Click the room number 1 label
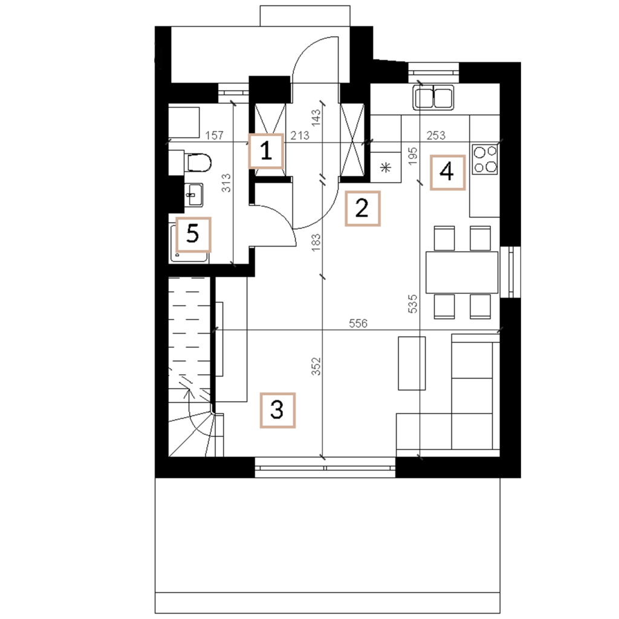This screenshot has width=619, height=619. coord(266,151)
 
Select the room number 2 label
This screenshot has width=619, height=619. coord(363,209)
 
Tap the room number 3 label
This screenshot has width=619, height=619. coord(277,410)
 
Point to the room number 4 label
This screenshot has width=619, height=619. coord(447,172)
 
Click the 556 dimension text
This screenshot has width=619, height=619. coord(358,323)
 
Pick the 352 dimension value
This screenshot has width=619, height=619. coord(316,366)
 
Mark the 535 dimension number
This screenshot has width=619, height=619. coord(412,303)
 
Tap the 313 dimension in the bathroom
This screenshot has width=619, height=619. coord(226,183)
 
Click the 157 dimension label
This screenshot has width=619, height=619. coord(215,135)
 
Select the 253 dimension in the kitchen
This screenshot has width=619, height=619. coord(436,135)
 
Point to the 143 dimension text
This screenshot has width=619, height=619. coord(316,118)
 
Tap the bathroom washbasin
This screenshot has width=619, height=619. coord(193,195)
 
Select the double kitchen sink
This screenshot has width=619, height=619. coord(433,97)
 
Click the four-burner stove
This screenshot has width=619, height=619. coord(485,160)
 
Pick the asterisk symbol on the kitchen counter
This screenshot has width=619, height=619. coord(385,167)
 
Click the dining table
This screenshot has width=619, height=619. coord(462,273)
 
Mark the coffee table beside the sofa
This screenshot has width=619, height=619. coord(412,363)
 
